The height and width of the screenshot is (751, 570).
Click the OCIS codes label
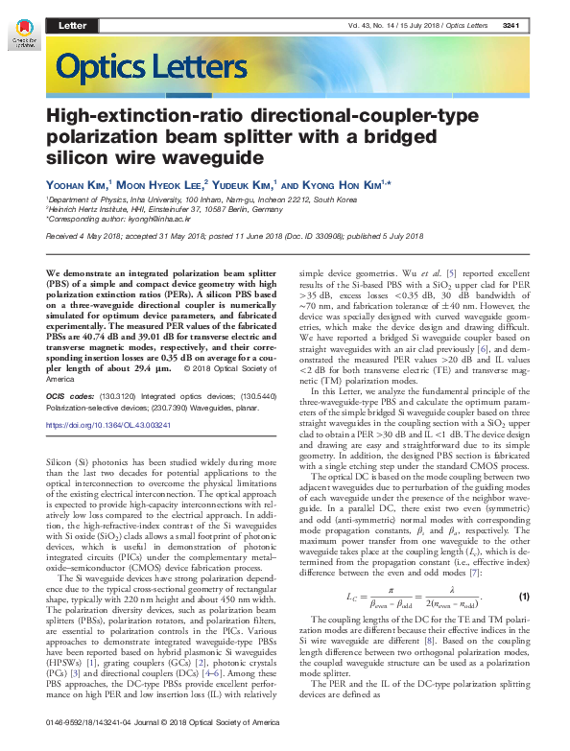tap(71, 395)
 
